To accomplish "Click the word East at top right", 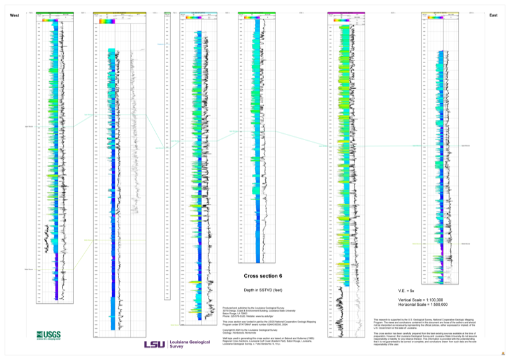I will click(x=493, y=15).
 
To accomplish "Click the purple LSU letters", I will click(x=154, y=344).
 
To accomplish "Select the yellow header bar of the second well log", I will click(x=120, y=13).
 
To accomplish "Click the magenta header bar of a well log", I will click(x=347, y=13).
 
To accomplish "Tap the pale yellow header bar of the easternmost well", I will click(x=441, y=13).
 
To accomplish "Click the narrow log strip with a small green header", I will click(x=167, y=153).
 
